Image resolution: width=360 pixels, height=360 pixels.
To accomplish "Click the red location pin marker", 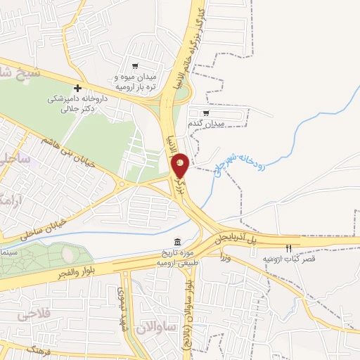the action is (x=180, y=165).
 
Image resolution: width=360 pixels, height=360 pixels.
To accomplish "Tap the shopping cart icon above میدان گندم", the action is (x=205, y=112).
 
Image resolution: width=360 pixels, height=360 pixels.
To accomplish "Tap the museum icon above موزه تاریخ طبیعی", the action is (x=176, y=242).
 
